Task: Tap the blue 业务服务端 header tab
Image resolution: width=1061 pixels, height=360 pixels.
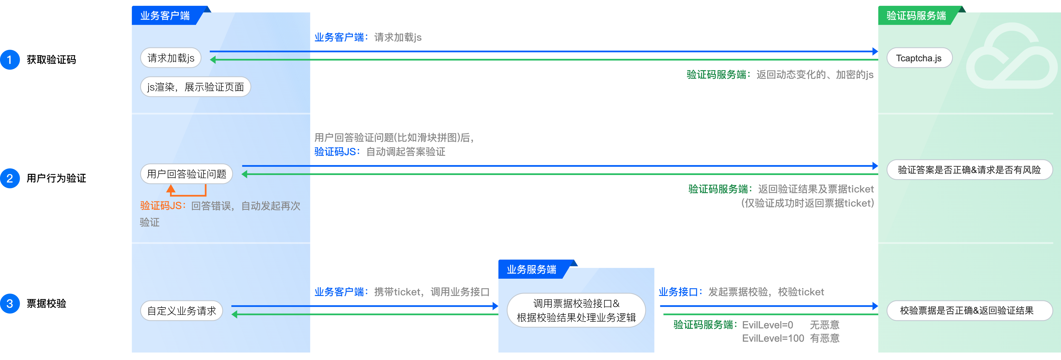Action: click(x=531, y=269)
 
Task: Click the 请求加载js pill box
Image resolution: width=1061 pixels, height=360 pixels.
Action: click(x=171, y=58)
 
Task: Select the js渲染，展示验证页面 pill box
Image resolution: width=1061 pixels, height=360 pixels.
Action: click(x=195, y=87)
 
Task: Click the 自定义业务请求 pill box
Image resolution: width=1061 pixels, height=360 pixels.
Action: click(x=181, y=311)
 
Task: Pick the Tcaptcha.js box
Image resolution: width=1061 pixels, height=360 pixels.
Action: click(x=919, y=58)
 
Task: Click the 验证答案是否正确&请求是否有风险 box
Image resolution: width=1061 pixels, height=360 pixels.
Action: click(x=969, y=170)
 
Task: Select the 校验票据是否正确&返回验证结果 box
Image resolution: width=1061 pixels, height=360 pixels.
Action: click(x=967, y=311)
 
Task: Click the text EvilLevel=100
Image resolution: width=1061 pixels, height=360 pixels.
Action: click(x=773, y=338)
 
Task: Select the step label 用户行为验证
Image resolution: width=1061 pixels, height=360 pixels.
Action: click(x=56, y=178)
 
